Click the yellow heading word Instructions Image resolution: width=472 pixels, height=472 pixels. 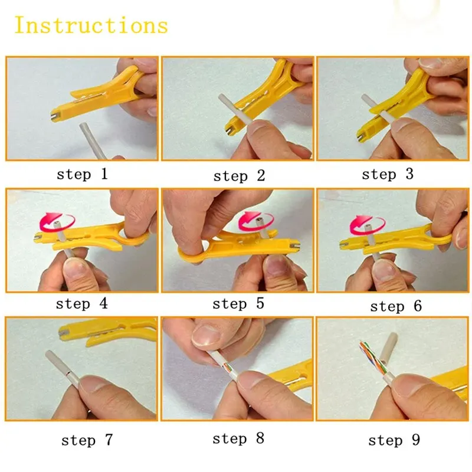(x=91, y=25)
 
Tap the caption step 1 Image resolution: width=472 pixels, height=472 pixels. (x=82, y=174)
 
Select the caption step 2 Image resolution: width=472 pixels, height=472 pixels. (x=239, y=175)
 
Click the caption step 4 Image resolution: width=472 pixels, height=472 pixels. (x=82, y=304)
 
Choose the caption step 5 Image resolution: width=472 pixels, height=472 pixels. (x=238, y=304)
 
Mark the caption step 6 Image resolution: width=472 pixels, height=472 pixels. (x=396, y=306)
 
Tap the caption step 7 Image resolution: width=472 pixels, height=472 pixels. (x=87, y=440)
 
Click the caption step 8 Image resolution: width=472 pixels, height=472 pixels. (x=238, y=438)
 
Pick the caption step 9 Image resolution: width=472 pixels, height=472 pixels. (x=394, y=441)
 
